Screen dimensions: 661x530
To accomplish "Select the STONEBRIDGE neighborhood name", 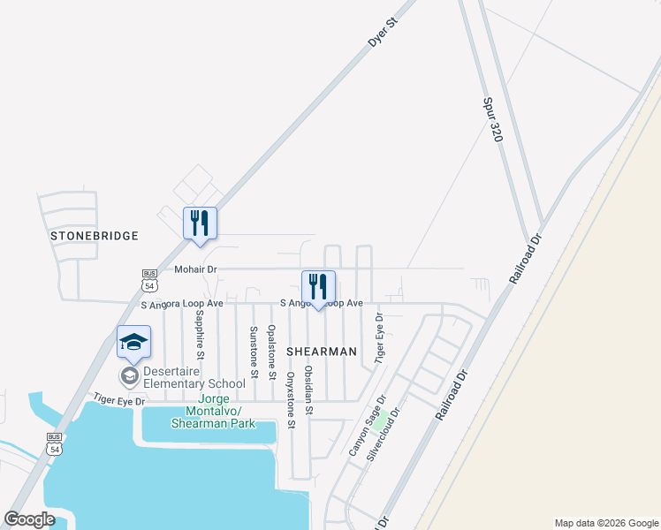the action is tap(95, 236).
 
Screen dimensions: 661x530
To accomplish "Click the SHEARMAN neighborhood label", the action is tap(322, 352).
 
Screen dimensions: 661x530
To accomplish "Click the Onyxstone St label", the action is tap(290, 400).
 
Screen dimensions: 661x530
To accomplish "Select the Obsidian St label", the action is tap(308, 390).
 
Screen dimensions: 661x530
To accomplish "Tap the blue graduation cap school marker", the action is tap(133, 343).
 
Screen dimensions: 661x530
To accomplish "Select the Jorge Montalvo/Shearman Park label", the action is tap(220, 417).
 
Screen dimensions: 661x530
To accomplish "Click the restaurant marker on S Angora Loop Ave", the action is tap(318, 286).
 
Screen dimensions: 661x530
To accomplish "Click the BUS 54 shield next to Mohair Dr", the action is tap(150, 280).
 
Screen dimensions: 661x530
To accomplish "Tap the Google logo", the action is tap(30, 519).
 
